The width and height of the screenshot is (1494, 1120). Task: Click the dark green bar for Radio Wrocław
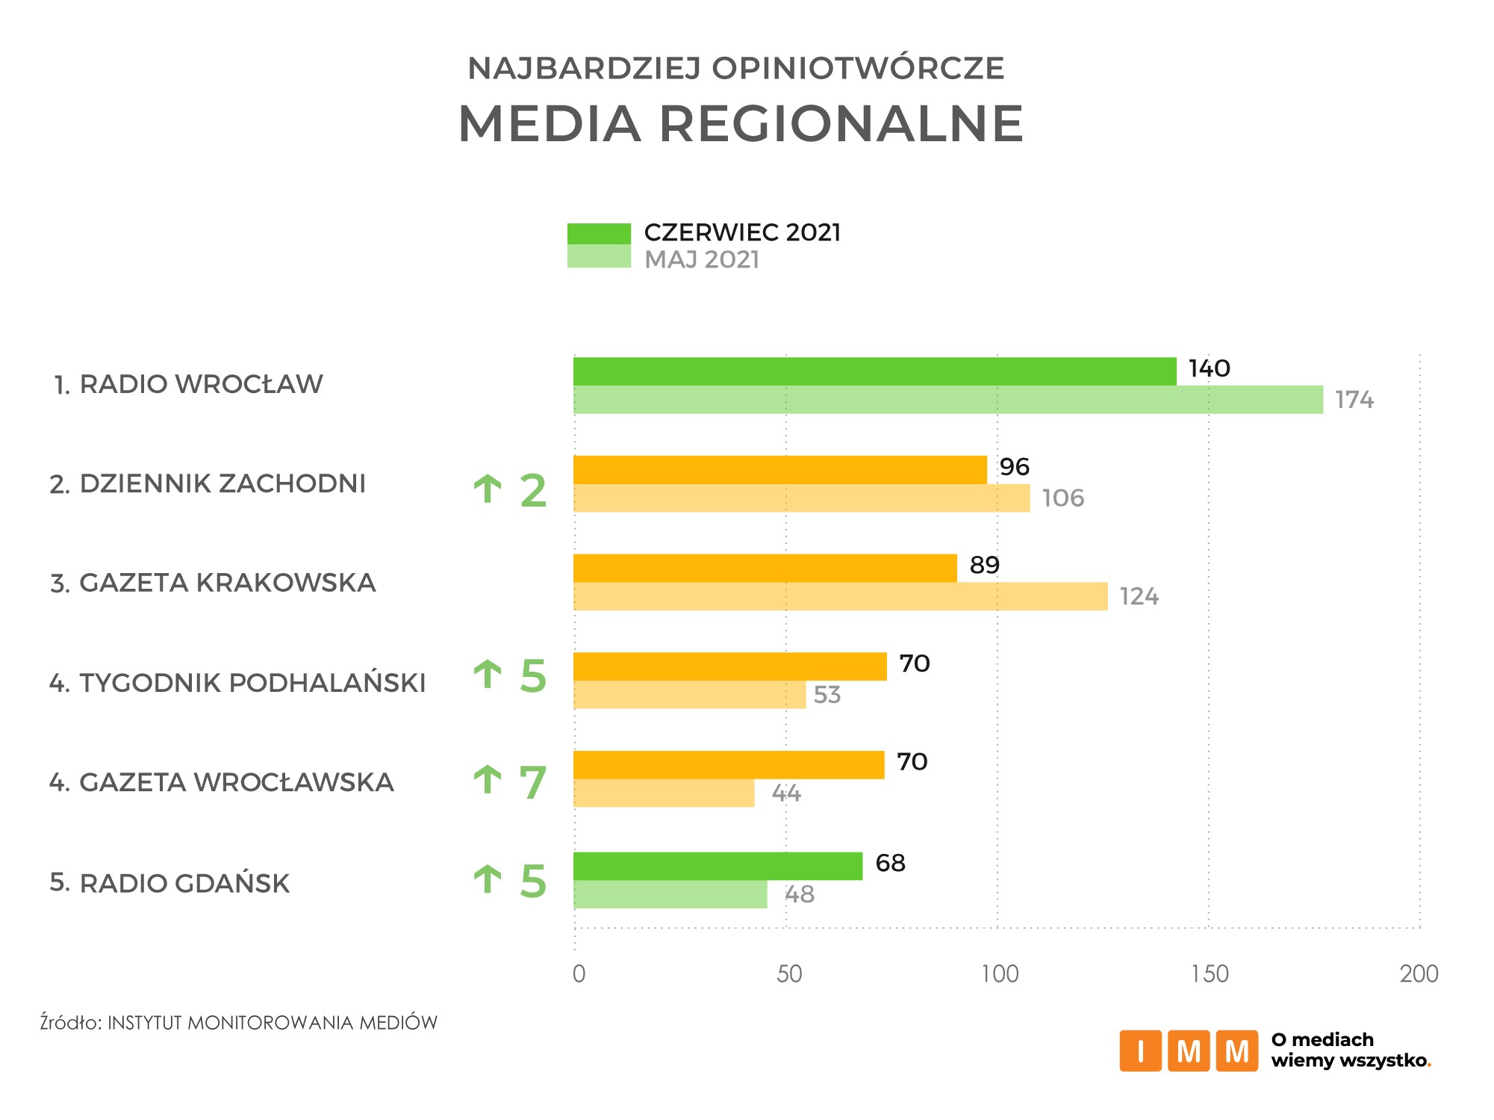(x=874, y=371)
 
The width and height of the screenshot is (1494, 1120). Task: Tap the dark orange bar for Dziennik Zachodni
(x=779, y=470)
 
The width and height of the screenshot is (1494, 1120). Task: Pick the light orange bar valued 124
(x=840, y=596)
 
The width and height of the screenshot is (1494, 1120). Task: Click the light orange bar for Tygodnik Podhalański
(x=689, y=695)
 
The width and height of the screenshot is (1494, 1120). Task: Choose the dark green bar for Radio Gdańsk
(x=717, y=866)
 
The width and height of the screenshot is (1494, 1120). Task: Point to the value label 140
(x=1209, y=368)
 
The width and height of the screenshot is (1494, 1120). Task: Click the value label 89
(x=984, y=565)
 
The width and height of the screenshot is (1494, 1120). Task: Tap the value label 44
(x=785, y=793)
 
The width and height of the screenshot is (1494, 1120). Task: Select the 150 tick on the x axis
(x=1210, y=974)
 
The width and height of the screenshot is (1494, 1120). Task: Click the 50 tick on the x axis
(x=788, y=974)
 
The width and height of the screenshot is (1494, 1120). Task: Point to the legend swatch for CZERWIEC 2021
(x=599, y=234)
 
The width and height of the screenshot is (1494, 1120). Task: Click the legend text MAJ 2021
(x=702, y=259)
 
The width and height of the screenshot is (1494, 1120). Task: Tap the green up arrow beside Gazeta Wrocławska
(x=488, y=780)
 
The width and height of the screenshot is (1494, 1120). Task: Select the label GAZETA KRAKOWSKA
(x=227, y=583)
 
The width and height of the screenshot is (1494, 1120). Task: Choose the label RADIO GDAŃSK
(x=184, y=883)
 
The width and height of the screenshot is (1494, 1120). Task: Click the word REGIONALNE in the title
(x=841, y=123)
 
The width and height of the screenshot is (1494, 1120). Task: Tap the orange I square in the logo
(x=1139, y=1051)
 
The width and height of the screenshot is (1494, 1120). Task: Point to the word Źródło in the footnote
(x=70, y=1022)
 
